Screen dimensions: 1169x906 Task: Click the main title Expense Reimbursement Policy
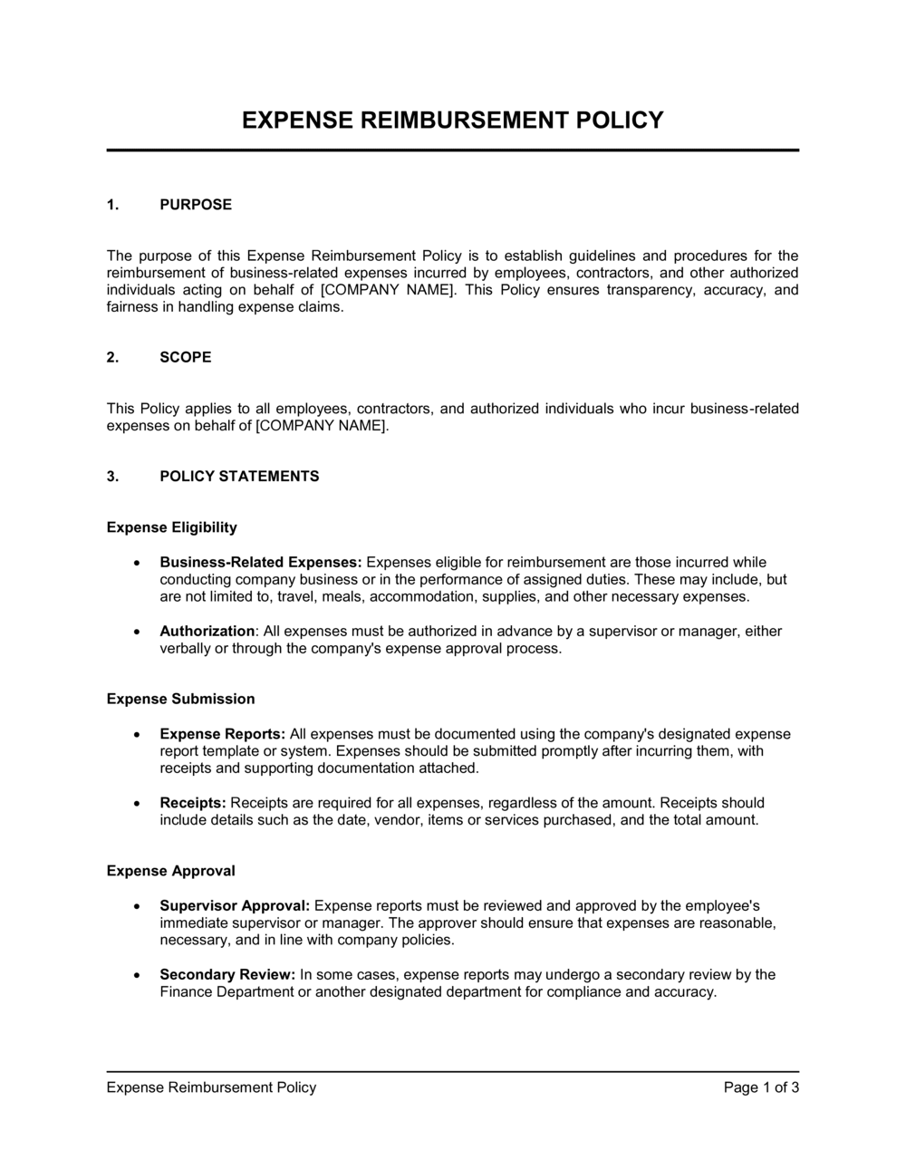pyautogui.click(x=452, y=121)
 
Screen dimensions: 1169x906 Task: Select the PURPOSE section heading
pyautogui.click(x=196, y=205)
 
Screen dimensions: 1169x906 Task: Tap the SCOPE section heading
pyautogui.click(x=186, y=357)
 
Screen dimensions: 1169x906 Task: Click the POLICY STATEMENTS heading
pyautogui.click(x=239, y=477)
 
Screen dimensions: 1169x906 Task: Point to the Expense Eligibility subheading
pyautogui.click(x=172, y=527)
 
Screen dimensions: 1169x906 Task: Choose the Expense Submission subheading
pyautogui.click(x=180, y=699)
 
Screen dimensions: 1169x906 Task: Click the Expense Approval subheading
pyautogui.click(x=170, y=871)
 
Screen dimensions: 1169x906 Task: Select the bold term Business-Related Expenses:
pyautogui.click(x=261, y=563)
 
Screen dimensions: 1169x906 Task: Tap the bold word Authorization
pyautogui.click(x=207, y=632)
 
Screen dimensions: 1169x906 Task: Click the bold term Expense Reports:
pyautogui.click(x=223, y=734)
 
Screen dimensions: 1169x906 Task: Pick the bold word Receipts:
pyautogui.click(x=193, y=803)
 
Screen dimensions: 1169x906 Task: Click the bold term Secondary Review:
pyautogui.click(x=227, y=975)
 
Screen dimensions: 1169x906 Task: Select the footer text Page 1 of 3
pyautogui.click(x=761, y=1087)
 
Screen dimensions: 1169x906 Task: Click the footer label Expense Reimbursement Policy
pyautogui.click(x=211, y=1087)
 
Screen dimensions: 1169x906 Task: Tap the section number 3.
pyautogui.click(x=112, y=477)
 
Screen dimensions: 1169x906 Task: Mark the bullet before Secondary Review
pyautogui.click(x=136, y=976)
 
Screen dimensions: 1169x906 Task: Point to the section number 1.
pyautogui.click(x=112, y=205)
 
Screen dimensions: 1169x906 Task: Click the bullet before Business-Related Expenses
pyautogui.click(x=136, y=564)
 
